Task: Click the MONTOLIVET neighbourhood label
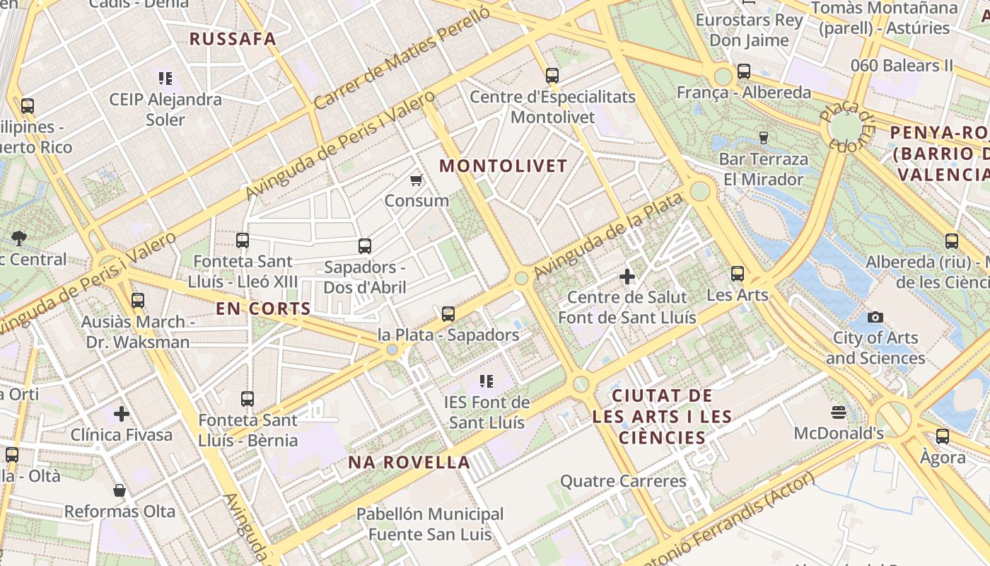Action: tap(503, 166)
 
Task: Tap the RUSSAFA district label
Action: tap(233, 39)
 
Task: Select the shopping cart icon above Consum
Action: tap(417, 180)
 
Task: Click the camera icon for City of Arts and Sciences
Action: tap(875, 317)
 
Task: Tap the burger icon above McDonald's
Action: tap(839, 412)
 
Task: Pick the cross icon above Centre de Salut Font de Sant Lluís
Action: tap(627, 277)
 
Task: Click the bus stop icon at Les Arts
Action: tap(738, 274)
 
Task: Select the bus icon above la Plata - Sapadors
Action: tap(448, 314)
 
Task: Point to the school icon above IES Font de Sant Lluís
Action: tap(486, 382)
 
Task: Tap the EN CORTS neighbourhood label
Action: tap(263, 309)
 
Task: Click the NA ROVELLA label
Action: tap(409, 463)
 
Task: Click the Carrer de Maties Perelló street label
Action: tap(401, 59)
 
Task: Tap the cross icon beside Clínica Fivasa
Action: tap(122, 413)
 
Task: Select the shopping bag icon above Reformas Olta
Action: tap(120, 490)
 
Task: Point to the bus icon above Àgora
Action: tap(942, 437)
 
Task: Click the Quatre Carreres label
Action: tap(623, 482)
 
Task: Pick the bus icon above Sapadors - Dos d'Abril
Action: tap(364, 246)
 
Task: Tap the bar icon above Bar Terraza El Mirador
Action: tap(763, 137)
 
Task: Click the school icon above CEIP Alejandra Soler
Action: tap(165, 79)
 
